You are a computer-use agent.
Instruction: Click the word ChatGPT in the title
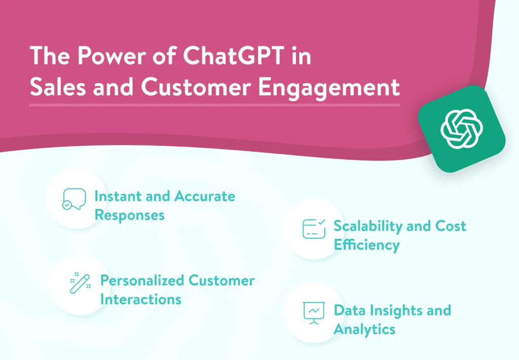(x=234, y=55)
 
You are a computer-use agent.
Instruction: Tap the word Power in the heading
(x=112, y=55)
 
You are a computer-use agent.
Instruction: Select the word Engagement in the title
(x=328, y=88)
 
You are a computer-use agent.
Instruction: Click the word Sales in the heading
(x=58, y=87)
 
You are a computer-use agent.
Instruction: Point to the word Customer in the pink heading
(x=196, y=87)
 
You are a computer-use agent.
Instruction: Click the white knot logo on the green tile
(x=462, y=129)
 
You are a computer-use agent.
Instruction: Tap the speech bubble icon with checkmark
(x=74, y=199)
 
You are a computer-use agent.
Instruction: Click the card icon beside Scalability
(x=314, y=229)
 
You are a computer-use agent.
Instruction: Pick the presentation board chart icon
(x=314, y=313)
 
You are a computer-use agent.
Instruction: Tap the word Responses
(x=129, y=215)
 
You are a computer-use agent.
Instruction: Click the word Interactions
(x=141, y=299)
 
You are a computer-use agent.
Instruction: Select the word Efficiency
(x=366, y=245)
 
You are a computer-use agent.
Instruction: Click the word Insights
(x=396, y=311)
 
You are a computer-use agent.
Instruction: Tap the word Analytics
(x=364, y=330)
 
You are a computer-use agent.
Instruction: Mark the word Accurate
(x=205, y=196)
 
